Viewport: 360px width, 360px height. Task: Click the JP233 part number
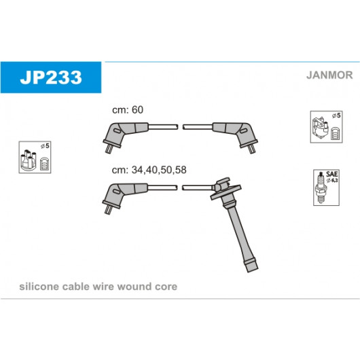(x=51, y=77)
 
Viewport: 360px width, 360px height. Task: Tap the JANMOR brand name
(x=329, y=75)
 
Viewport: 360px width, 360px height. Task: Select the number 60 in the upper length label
(x=137, y=110)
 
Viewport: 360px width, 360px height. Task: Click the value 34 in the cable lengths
(x=137, y=170)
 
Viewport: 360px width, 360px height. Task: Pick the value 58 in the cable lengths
(x=180, y=170)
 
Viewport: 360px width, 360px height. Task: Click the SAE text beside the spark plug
(x=332, y=174)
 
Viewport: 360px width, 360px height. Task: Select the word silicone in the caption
(x=39, y=287)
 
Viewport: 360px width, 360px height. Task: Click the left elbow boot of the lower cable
(x=120, y=194)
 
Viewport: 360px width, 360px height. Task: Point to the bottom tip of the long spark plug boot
(x=253, y=270)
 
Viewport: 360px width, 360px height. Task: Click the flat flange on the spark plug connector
(x=226, y=192)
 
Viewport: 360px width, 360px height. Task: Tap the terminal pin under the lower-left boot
(x=108, y=209)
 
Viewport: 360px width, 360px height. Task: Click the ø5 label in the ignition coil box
(x=336, y=116)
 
